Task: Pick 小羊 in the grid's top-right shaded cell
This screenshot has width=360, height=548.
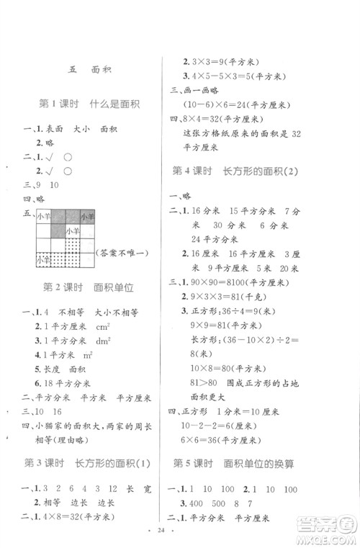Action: click(x=86, y=216)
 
